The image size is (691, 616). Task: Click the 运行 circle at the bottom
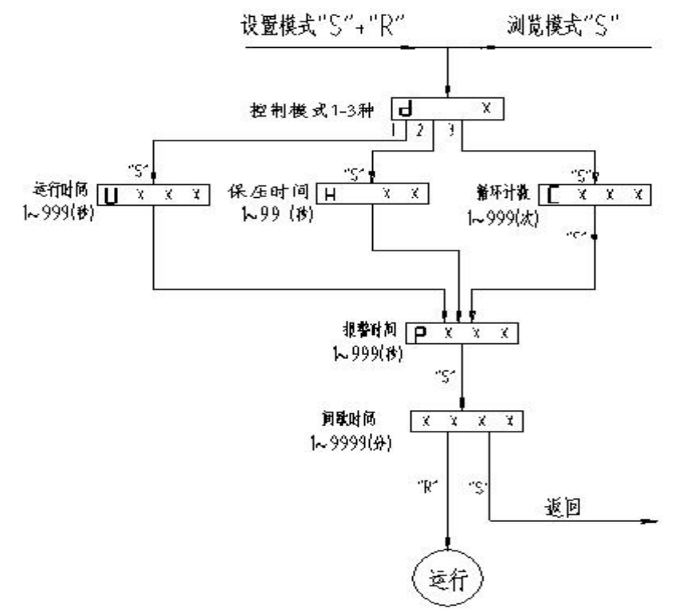447,575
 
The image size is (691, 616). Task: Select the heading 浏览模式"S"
564,26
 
